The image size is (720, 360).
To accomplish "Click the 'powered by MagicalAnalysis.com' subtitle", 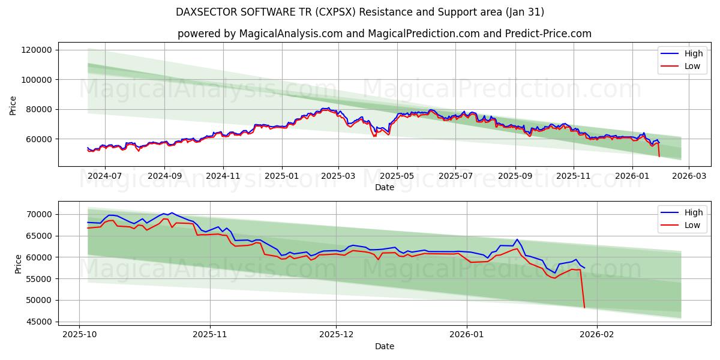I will [x=384, y=34].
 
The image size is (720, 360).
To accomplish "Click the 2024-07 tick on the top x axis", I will [x=105, y=176].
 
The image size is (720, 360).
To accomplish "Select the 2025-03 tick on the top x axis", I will [x=338, y=176].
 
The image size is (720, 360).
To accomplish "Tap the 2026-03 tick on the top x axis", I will [x=688, y=176].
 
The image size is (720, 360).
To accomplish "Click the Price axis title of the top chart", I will [x=13, y=104].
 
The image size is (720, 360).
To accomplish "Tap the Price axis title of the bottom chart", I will [x=18, y=263].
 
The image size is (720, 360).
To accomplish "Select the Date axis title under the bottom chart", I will [x=384, y=346].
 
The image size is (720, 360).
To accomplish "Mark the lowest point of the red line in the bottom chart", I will [x=584, y=308].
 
